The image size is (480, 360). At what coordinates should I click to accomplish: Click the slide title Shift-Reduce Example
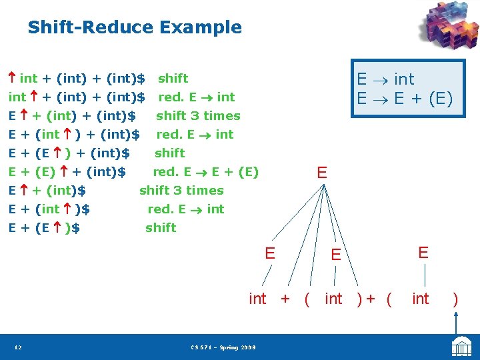[x=134, y=27]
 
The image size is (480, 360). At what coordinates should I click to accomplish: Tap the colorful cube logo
[x=447, y=27]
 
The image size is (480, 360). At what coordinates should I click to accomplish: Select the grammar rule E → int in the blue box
[x=385, y=79]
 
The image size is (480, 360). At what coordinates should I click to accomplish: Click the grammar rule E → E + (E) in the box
[x=404, y=99]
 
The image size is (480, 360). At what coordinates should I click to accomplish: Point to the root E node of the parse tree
[x=322, y=173]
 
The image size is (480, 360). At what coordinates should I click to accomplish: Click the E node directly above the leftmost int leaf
[x=270, y=253]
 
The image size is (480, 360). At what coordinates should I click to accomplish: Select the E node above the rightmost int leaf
[x=423, y=252]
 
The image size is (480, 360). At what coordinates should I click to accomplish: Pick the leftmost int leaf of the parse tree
[x=257, y=299]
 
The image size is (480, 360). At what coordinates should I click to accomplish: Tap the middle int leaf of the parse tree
[x=333, y=299]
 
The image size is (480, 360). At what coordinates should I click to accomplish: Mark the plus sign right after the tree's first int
[x=285, y=299]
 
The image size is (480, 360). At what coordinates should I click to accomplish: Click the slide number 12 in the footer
[x=18, y=347]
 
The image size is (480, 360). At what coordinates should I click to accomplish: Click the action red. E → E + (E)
[x=205, y=172]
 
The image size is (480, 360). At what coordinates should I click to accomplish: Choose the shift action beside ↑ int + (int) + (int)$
[x=173, y=79]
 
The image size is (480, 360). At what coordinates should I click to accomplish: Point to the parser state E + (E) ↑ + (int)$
[x=67, y=172]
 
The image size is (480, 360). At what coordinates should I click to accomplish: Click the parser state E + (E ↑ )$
[x=44, y=228]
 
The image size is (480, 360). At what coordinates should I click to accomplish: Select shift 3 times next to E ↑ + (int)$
[x=181, y=191]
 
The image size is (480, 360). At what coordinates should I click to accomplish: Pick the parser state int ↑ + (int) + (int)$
[x=76, y=97]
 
